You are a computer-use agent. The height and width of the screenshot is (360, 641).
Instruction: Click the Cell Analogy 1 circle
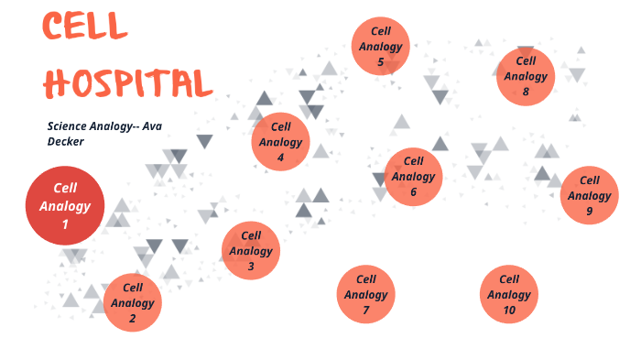click(64, 205)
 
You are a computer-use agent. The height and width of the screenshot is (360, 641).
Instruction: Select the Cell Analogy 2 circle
click(133, 302)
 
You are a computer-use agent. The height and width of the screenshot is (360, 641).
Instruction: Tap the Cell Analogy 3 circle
click(250, 250)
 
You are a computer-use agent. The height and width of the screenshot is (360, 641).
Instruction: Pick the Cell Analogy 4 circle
click(280, 142)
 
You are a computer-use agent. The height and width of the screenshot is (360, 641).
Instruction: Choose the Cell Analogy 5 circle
click(380, 46)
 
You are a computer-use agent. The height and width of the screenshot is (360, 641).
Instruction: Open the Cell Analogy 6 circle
click(413, 177)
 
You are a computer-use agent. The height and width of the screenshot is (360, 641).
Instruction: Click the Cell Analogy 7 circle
click(365, 295)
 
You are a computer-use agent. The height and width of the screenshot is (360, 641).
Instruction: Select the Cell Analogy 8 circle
click(526, 76)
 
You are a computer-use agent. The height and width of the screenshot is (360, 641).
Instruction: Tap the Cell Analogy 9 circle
click(589, 196)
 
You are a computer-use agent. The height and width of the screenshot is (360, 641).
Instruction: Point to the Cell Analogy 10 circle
click(509, 295)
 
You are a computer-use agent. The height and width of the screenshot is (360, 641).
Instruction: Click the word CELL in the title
click(84, 27)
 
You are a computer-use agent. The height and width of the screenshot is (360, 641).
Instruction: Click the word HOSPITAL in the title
click(127, 82)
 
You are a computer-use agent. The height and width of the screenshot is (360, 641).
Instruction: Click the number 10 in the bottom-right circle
click(509, 311)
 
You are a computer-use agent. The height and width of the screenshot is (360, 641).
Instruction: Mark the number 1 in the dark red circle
click(64, 224)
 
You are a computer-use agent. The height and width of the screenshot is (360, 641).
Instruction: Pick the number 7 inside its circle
click(365, 311)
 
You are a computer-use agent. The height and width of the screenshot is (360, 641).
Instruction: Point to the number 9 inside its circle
click(589, 212)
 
